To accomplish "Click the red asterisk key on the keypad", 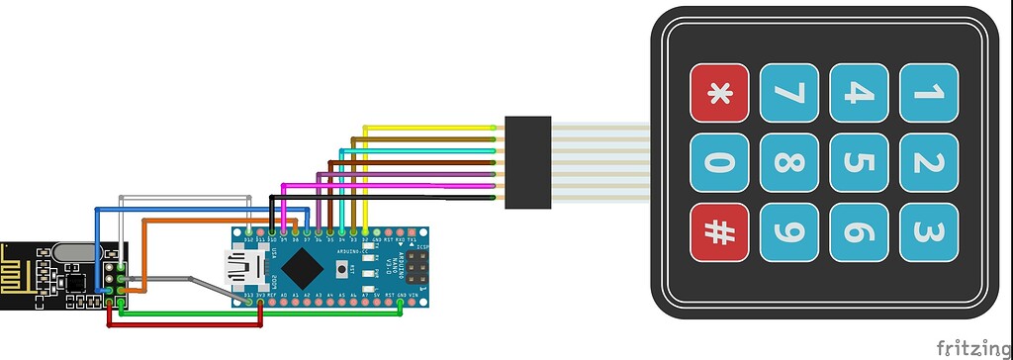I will (x=719, y=93).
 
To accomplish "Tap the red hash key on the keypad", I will (x=719, y=231).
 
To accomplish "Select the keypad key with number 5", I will (x=858, y=162).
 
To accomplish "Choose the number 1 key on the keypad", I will (x=928, y=93).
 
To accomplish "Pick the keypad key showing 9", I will (x=788, y=231).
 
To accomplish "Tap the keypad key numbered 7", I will (x=788, y=93).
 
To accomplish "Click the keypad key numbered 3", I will (x=928, y=231).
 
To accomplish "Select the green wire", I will (x=257, y=315).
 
